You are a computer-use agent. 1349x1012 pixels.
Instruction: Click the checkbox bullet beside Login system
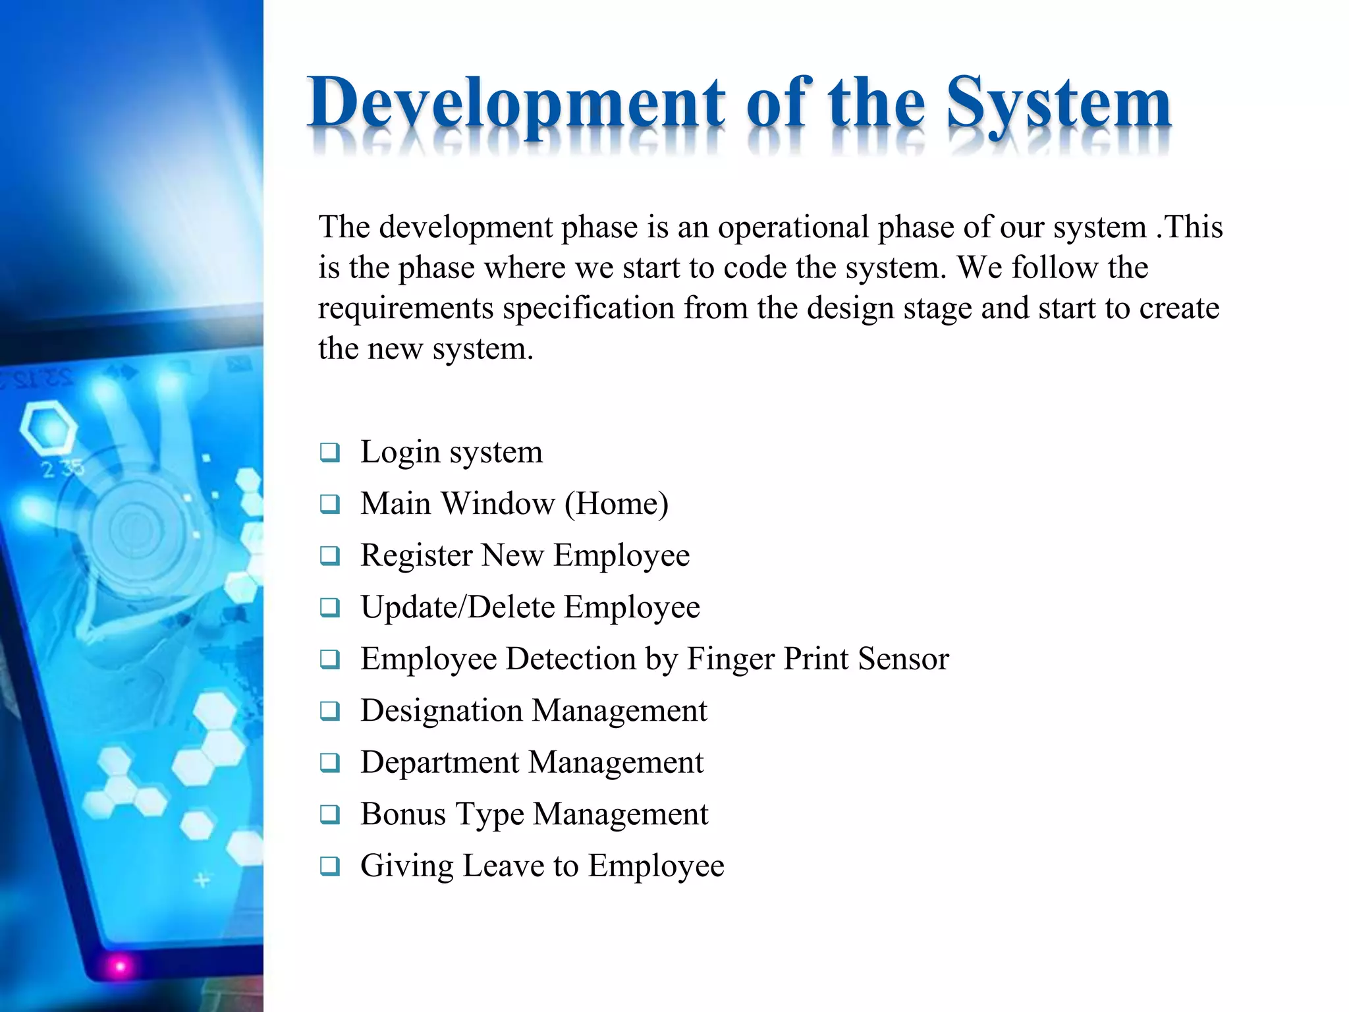329,453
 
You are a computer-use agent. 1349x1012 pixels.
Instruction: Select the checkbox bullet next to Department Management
329,763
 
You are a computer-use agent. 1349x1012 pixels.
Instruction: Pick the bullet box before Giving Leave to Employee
329,866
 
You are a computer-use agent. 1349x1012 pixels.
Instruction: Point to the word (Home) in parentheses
617,504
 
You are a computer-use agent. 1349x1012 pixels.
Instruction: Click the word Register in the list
416,556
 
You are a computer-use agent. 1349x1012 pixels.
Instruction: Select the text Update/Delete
458,607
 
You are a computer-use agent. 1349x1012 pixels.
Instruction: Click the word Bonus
403,814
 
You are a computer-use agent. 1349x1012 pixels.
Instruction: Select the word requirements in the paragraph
405,309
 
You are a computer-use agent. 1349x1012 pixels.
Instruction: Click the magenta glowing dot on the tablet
120,966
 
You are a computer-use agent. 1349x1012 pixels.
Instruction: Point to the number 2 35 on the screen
63,468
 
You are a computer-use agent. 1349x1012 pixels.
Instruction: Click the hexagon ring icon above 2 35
47,428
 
